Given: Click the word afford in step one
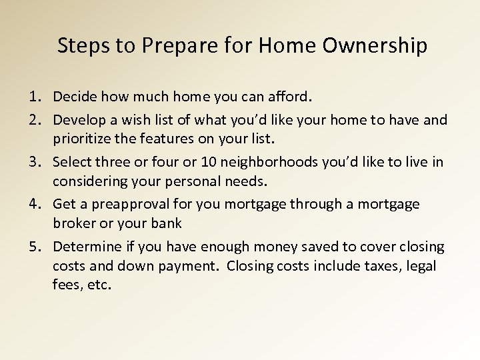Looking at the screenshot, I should pos(288,97).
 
